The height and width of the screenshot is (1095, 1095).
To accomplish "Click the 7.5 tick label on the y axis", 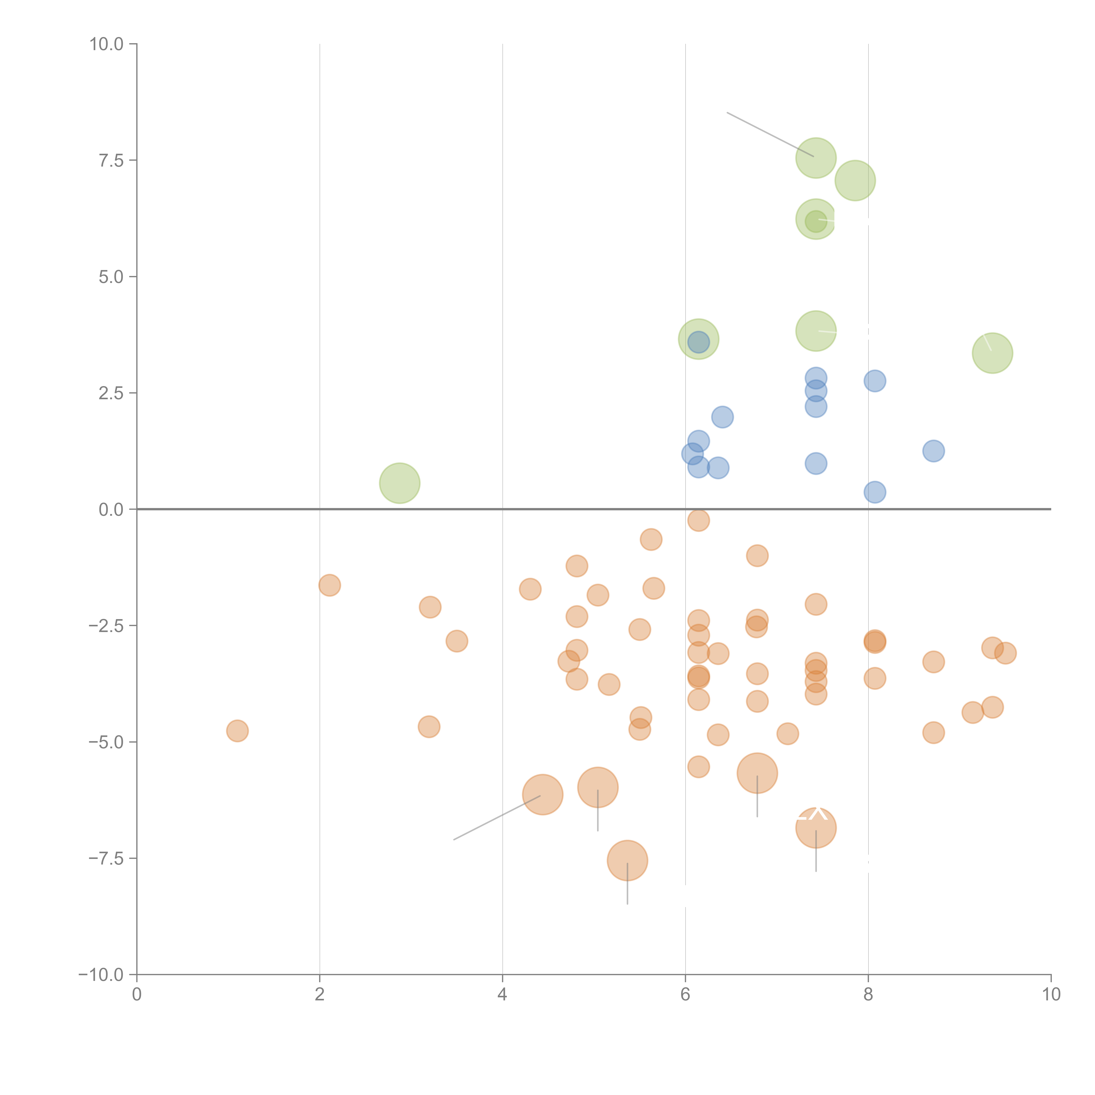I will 111,160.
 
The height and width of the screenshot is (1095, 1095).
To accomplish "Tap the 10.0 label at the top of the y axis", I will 107,44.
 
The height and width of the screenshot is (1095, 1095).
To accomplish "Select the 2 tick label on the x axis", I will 320,995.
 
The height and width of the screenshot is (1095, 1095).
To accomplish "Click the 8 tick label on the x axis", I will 868,995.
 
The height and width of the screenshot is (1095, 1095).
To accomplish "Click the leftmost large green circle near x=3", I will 400,483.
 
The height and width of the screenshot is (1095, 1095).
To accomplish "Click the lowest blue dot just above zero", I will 875,492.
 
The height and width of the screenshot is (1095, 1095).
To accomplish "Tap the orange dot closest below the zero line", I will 698,520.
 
